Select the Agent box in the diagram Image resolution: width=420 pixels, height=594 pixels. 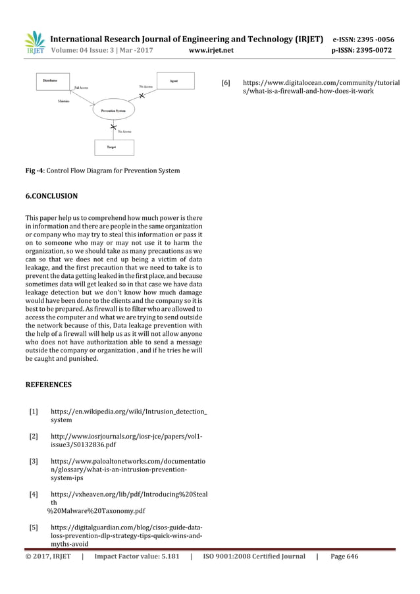[173, 81]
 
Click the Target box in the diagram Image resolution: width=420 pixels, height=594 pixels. [112, 147]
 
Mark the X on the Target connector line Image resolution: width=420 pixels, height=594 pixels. [113, 126]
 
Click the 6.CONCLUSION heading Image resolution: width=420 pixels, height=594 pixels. [51, 196]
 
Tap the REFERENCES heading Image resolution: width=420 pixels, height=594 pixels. [48, 384]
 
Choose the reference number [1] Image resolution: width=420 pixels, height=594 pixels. [33, 412]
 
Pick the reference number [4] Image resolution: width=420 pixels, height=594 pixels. [33, 494]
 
